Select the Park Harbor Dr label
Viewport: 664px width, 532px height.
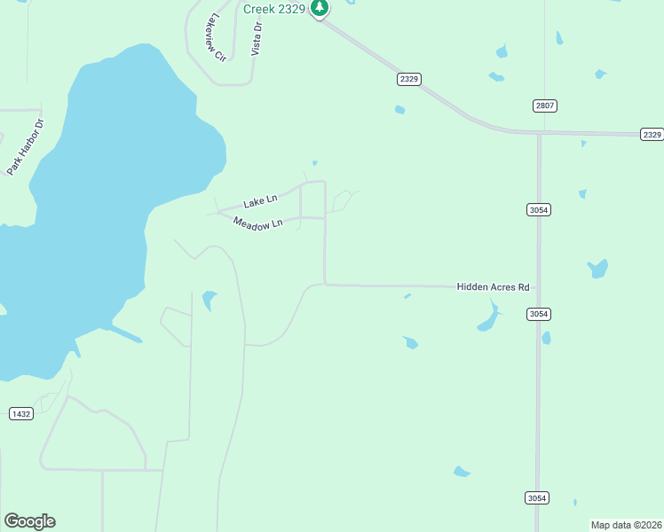(26, 146)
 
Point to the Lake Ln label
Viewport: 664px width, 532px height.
(260, 202)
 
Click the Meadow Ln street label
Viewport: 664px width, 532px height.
(257, 223)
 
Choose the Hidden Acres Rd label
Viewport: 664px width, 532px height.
(493, 287)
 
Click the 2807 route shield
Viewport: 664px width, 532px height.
(544, 106)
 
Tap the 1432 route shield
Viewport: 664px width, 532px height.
(20, 414)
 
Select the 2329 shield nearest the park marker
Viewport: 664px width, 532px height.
(409, 79)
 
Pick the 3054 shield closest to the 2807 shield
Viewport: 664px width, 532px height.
(538, 210)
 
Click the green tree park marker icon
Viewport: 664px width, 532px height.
(320, 8)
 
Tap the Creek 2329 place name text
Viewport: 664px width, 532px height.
(273, 8)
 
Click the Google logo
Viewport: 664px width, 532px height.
(29, 521)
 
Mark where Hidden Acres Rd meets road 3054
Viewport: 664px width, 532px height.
(538, 287)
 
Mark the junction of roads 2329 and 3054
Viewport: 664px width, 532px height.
(538, 133)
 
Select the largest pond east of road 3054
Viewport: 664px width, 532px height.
(598, 269)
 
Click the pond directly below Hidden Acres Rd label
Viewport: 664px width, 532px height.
(488, 318)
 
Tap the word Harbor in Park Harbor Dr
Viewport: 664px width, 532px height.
(26, 145)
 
